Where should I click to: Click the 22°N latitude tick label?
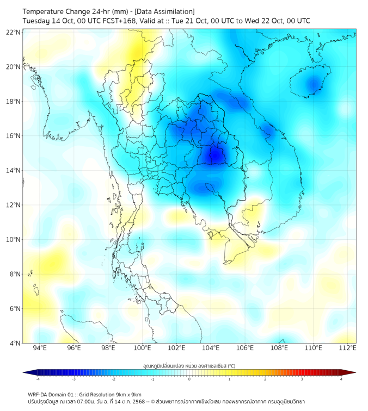click(x=14, y=33)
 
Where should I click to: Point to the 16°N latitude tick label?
click(x=14, y=136)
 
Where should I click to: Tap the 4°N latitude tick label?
click(x=15, y=343)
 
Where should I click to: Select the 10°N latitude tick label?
click(x=14, y=240)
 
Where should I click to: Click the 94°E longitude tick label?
click(x=40, y=348)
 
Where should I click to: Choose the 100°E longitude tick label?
click(x=142, y=348)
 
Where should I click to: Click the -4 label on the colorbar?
click(x=38, y=379)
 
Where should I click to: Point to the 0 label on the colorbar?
click(x=189, y=379)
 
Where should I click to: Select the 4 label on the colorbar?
click(x=341, y=379)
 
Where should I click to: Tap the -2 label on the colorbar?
click(x=113, y=379)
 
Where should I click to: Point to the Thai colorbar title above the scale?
click(x=189, y=366)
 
